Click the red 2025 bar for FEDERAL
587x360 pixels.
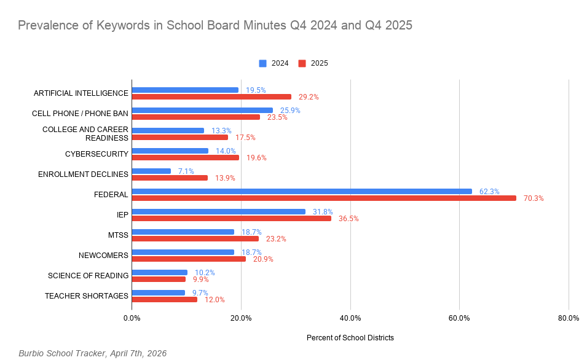tap(324, 198)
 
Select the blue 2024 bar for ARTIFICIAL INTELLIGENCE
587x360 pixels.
tap(185, 90)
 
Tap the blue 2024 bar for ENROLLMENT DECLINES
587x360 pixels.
tap(151, 171)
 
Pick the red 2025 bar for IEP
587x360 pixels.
tap(231, 218)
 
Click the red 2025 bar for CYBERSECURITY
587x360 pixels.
tap(185, 157)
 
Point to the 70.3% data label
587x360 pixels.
tap(534, 198)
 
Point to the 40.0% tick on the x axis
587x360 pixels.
tap(350, 318)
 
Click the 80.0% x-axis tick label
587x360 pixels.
tap(568, 318)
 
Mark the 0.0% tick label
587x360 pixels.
tap(132, 318)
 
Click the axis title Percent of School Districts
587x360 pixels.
tap(350, 338)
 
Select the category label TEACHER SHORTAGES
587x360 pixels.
tap(87, 296)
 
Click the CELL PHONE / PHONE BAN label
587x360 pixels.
tap(80, 114)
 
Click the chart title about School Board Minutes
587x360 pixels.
tap(215, 25)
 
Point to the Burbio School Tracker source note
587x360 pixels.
tap(92, 353)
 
